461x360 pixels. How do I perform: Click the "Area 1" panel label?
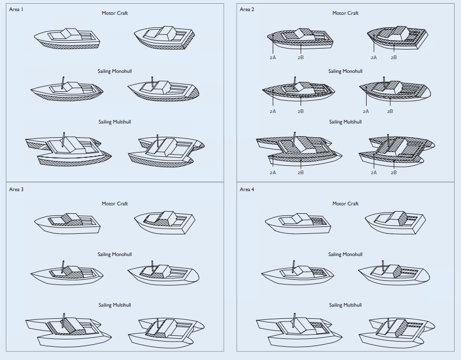tap(16, 10)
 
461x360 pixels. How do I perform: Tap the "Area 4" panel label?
tap(247, 190)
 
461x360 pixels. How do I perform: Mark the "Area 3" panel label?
tap(16, 190)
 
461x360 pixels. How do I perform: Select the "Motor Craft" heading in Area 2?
tap(345, 13)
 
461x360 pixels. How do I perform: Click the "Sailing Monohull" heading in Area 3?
tap(114, 254)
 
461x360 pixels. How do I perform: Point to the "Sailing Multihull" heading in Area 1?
tap(114, 122)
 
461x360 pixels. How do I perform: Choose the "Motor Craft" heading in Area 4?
tap(345, 204)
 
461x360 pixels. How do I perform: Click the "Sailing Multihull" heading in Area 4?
tap(345, 305)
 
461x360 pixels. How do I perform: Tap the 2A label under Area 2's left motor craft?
tap(273, 58)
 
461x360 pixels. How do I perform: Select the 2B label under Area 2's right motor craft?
tap(394, 58)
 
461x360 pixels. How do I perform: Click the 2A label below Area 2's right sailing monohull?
tap(366, 111)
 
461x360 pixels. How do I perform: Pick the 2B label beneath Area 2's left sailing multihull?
tap(301, 173)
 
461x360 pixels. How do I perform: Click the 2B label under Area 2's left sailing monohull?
tap(301, 111)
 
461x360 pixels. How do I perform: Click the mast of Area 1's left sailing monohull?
tap(63, 83)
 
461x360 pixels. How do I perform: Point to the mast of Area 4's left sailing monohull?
tap(293, 267)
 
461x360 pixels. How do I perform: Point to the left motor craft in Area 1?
tap(68, 39)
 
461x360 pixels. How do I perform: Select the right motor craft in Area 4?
tap(395, 222)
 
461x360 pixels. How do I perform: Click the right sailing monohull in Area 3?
tap(164, 273)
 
